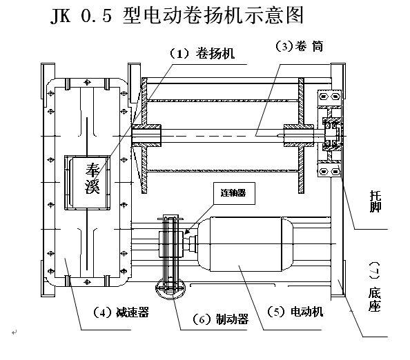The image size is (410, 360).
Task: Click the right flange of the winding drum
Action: click(302, 134)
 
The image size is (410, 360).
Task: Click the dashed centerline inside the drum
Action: click(221, 135)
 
